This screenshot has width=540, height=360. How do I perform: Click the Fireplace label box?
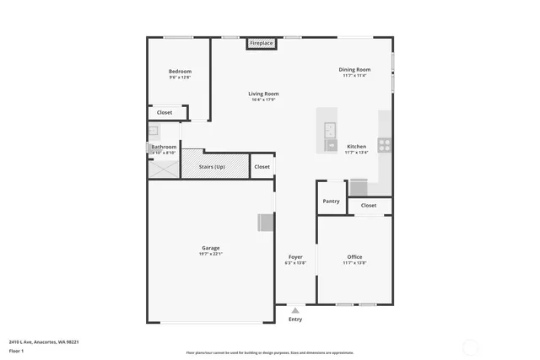pyautogui.click(x=261, y=43)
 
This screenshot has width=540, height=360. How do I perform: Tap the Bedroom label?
pyautogui.click(x=180, y=72)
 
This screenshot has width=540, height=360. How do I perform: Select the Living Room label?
pyautogui.click(x=263, y=94)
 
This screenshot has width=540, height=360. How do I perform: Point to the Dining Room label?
pyautogui.click(x=354, y=70)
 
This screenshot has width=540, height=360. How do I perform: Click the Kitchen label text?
pyautogui.click(x=357, y=147)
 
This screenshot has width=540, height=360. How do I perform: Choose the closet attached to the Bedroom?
pyautogui.click(x=165, y=112)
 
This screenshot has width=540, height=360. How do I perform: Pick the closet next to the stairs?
pyautogui.click(x=262, y=167)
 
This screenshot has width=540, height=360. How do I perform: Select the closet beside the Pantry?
pyautogui.click(x=369, y=205)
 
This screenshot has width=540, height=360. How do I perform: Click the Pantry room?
pyautogui.click(x=331, y=201)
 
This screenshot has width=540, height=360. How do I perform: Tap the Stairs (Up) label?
pyautogui.click(x=212, y=167)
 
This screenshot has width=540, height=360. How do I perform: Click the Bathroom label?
pyautogui.click(x=164, y=148)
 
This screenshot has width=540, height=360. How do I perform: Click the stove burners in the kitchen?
pyautogui.click(x=384, y=144)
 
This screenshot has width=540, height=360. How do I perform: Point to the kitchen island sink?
pyautogui.click(x=331, y=130)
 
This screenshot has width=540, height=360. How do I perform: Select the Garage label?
pyautogui.click(x=210, y=248)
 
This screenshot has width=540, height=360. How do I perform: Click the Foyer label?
pyautogui.click(x=295, y=256)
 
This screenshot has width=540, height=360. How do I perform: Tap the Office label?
pyautogui.click(x=354, y=256)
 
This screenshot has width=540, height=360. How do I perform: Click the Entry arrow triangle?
pyautogui.click(x=295, y=310)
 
